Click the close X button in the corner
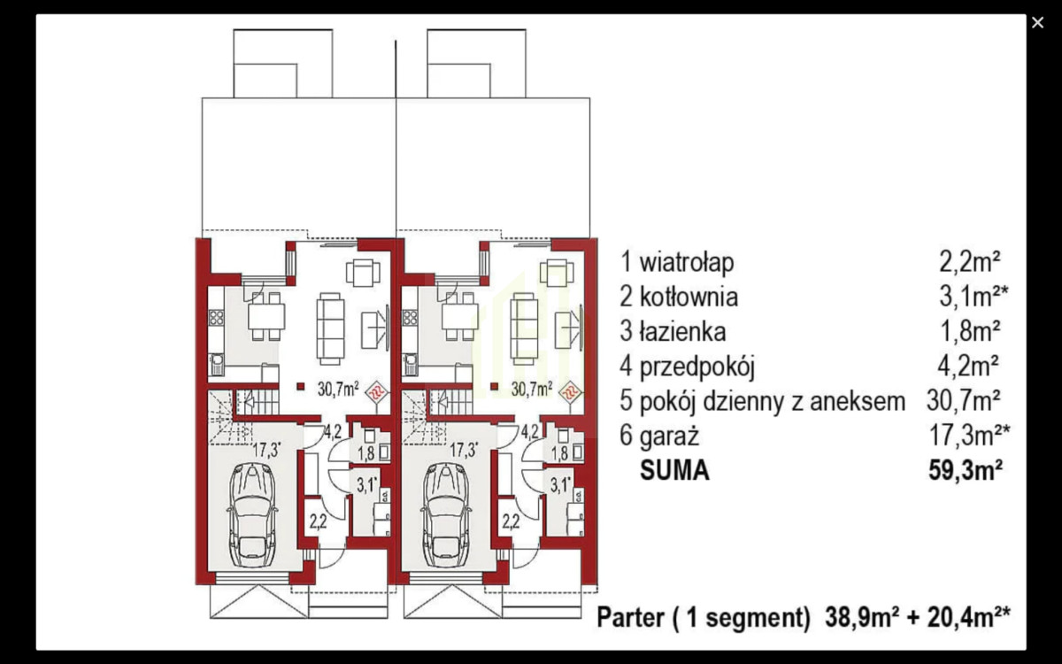click(1037, 23)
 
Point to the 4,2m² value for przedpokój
click(970, 367)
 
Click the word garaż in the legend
click(670, 436)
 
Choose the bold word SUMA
click(674, 470)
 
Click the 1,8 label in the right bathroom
click(559, 453)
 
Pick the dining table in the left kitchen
click(265, 317)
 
